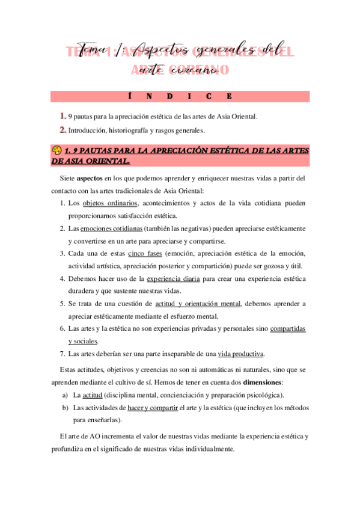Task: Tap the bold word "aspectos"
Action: tap(90, 178)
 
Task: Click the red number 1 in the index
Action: tap(63, 115)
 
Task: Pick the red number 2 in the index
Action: tap(63, 129)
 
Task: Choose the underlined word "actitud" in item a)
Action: tap(92, 395)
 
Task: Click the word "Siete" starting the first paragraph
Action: tap(69, 178)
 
